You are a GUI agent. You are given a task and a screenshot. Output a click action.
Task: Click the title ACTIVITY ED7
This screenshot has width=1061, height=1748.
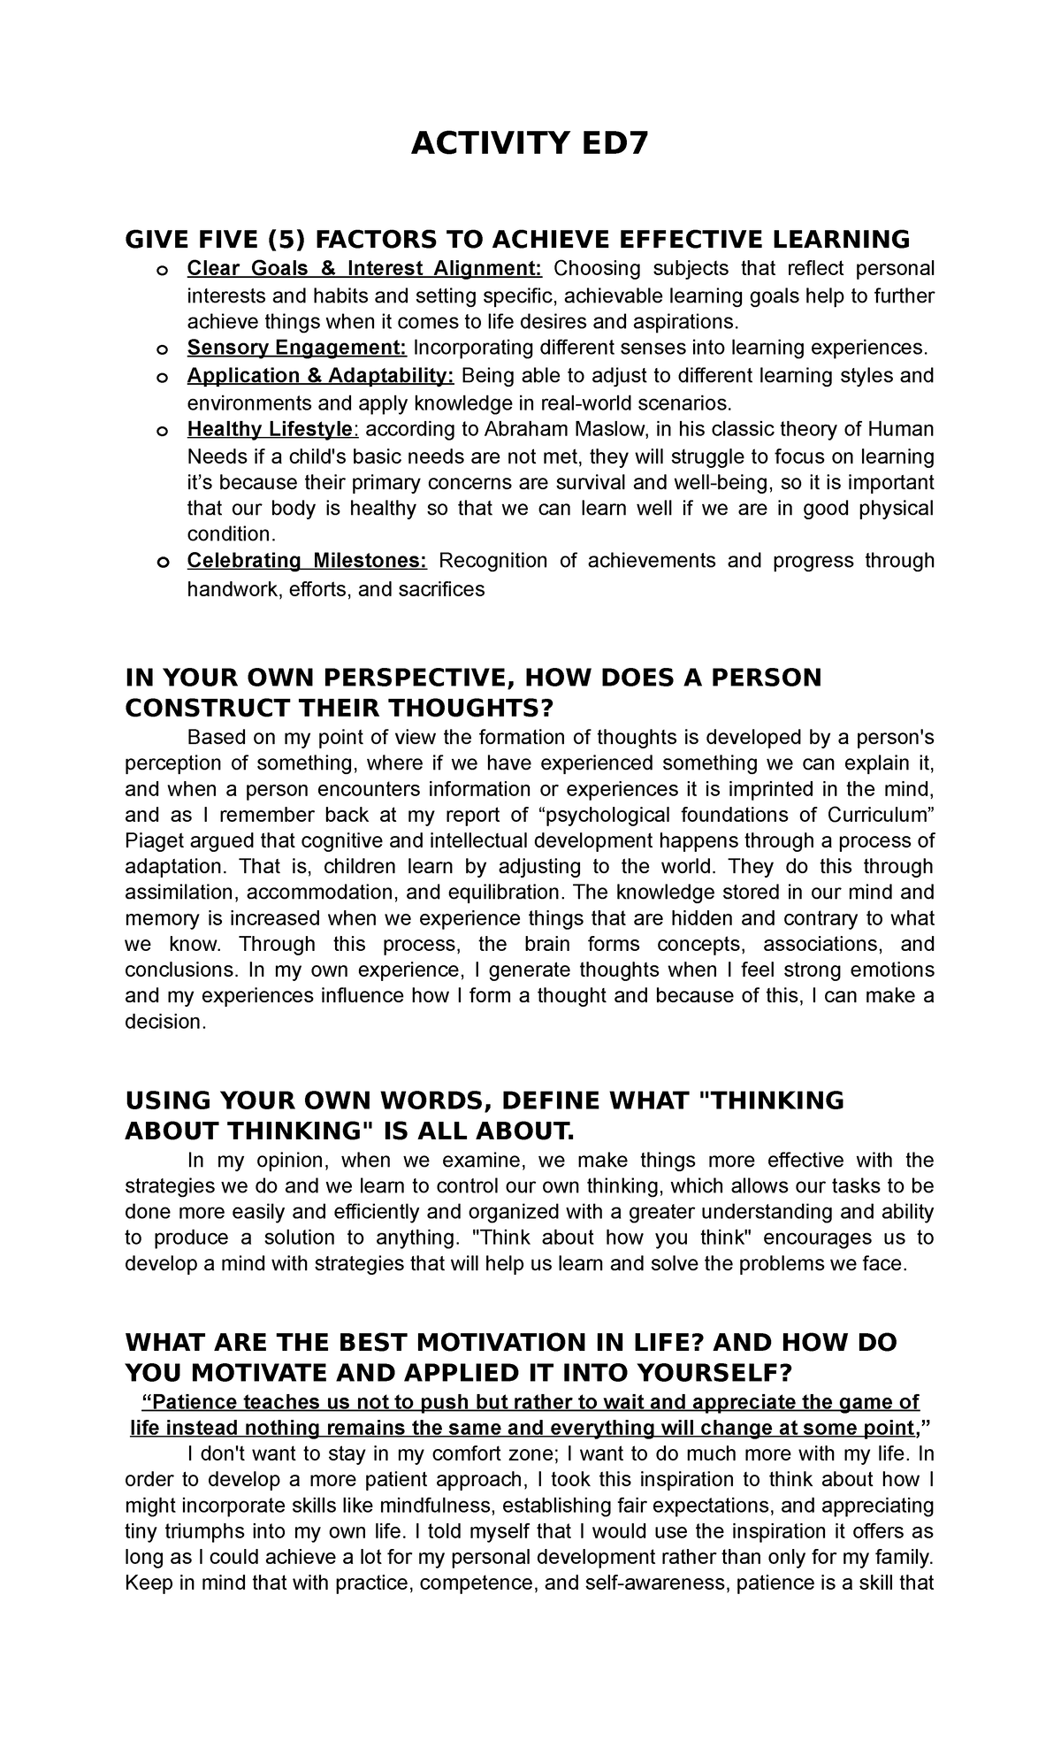(x=530, y=142)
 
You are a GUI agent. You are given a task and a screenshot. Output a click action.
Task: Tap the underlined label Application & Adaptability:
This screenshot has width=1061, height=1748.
(x=320, y=375)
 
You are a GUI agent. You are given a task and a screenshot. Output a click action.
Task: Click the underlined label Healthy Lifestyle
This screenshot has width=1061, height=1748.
(x=271, y=429)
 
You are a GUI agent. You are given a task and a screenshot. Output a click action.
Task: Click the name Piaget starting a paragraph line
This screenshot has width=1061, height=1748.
(x=153, y=840)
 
